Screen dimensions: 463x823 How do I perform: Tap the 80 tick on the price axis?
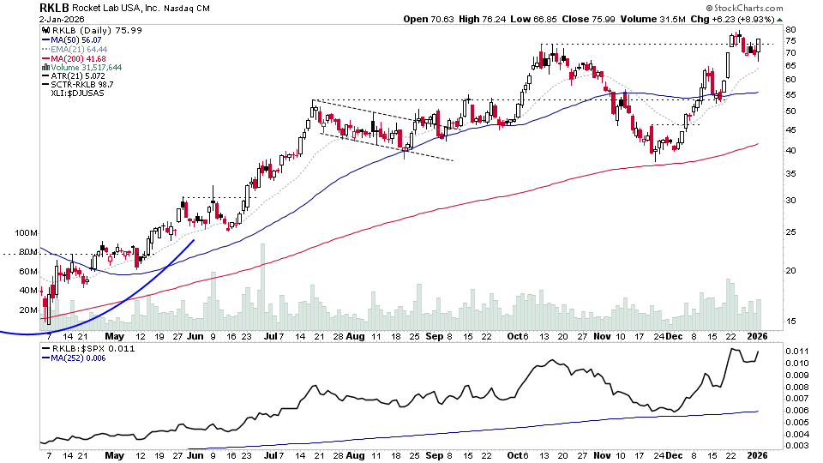tap(791, 30)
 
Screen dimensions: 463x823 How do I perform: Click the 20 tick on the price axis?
tap(791, 270)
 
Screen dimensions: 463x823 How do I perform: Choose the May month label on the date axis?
tap(114, 338)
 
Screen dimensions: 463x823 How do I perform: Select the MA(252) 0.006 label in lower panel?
tap(81, 360)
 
